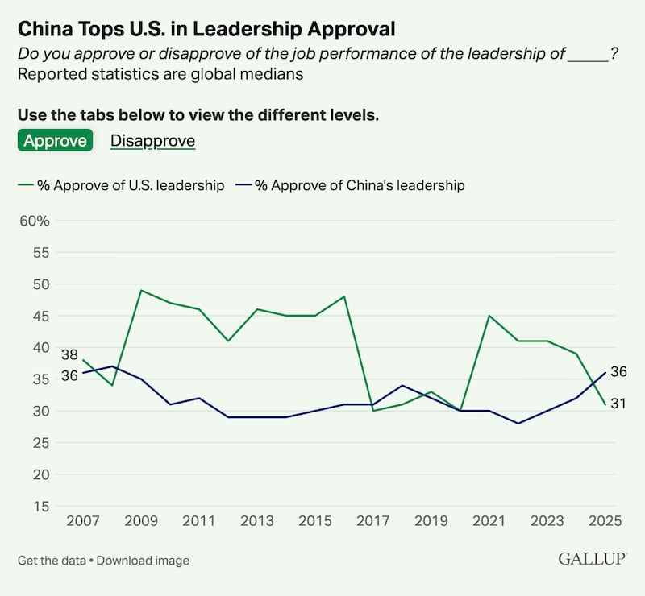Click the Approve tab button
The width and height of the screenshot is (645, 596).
(55, 140)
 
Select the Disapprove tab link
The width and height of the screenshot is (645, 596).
(152, 140)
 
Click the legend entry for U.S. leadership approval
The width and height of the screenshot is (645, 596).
(121, 185)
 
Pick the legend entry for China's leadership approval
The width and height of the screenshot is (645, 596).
(350, 185)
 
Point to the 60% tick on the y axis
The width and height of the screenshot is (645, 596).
(35, 221)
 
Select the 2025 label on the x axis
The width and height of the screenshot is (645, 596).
(605, 521)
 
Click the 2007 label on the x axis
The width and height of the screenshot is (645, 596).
(83, 521)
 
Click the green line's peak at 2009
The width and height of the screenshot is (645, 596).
(141, 290)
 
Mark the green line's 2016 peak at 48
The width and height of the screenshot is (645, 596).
(344, 296)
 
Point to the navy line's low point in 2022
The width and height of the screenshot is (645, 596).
(518, 423)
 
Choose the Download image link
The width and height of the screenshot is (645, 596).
(143, 560)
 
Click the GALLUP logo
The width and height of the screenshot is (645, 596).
(593, 559)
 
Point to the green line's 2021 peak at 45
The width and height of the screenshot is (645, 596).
(489, 316)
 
